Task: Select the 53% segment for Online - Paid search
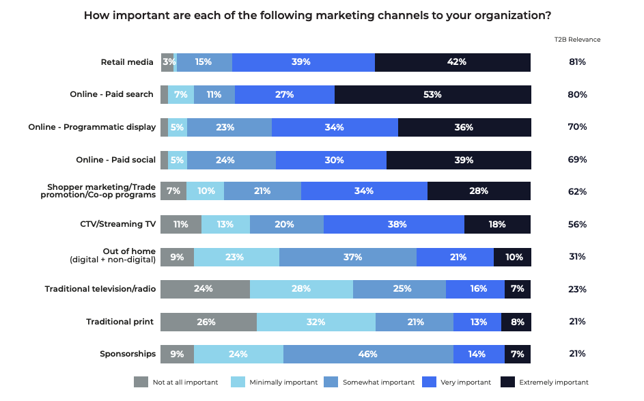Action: coord(432,94)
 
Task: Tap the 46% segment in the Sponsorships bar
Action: coord(367,354)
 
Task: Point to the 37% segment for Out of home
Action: coord(347,257)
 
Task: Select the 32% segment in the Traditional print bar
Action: coord(316,322)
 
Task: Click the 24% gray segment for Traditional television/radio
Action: coord(204,289)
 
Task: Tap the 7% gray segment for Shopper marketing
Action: coord(173,191)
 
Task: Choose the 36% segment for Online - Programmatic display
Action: coord(464,127)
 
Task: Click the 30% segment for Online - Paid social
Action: coord(331,160)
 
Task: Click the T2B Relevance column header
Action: coord(577,40)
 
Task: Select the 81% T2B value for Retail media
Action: coord(577,62)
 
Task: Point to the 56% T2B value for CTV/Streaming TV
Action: coord(577,224)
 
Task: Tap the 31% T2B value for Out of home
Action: coord(577,257)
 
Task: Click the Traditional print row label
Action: coord(120,322)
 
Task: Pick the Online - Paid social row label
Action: coord(115,160)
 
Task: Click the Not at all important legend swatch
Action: coord(141,382)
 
